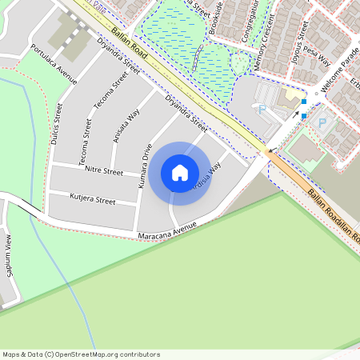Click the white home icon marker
pyautogui.click(x=180, y=173)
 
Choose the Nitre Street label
pyautogui.click(x=102, y=171)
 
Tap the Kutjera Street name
pyautogui.click(x=93, y=198)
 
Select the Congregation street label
pyautogui.click(x=254, y=18)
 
